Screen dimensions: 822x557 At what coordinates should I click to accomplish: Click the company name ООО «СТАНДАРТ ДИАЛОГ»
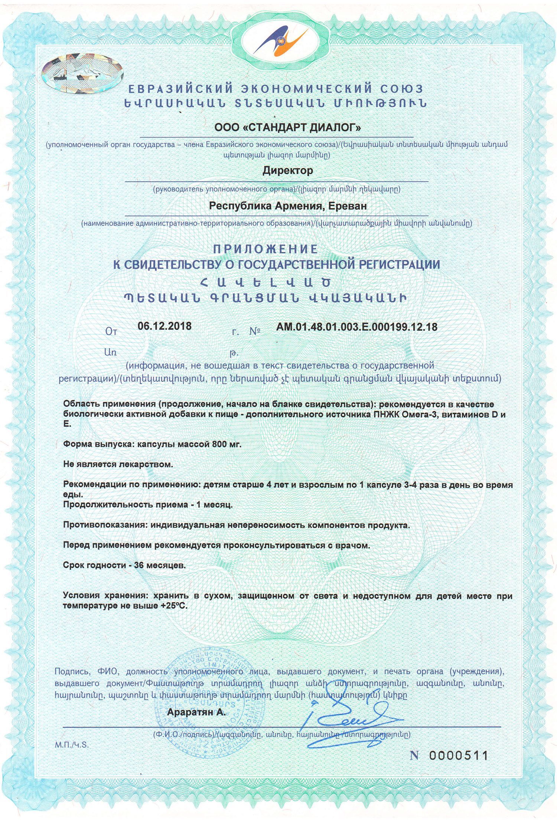[287, 128]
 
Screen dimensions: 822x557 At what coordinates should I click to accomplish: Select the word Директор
[288, 171]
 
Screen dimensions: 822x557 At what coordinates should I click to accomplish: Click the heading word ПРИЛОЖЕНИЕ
[266, 249]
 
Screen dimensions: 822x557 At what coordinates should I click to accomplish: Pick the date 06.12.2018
[165, 326]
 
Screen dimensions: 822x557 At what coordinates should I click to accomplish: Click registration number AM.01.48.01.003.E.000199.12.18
[356, 327]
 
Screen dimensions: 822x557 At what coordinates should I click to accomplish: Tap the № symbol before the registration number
[255, 331]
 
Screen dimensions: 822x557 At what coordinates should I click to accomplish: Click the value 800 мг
[227, 444]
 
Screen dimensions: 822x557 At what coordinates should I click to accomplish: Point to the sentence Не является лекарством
[118, 464]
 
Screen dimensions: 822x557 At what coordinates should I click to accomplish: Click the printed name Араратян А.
[196, 712]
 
